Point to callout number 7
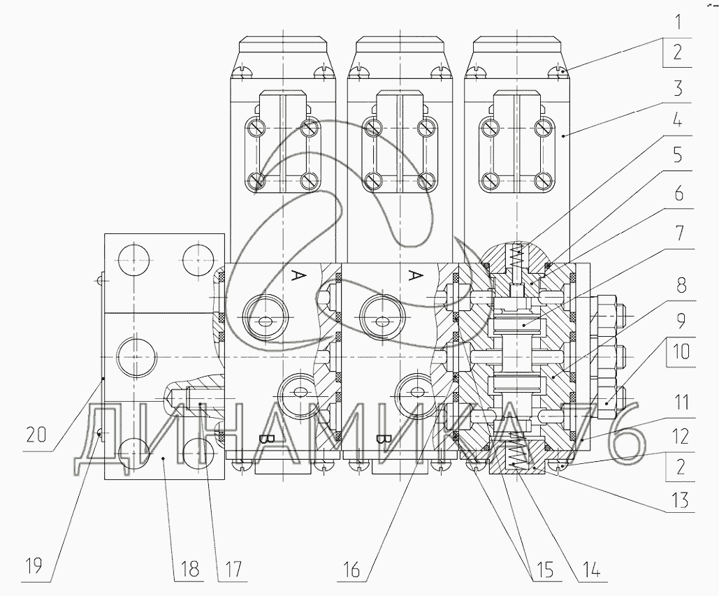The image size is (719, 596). [680, 233]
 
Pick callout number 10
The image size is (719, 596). [681, 351]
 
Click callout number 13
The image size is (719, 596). [681, 500]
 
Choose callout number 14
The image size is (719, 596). [591, 570]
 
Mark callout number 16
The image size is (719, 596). [351, 570]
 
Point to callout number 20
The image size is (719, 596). [36, 434]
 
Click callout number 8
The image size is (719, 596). [681, 286]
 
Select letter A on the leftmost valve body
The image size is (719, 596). [298, 276]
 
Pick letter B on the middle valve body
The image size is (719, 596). [381, 439]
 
